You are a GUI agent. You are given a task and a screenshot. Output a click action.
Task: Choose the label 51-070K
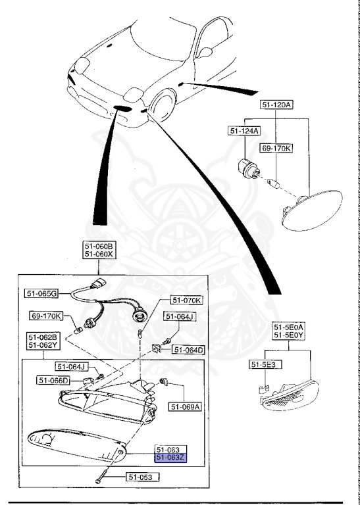[187, 300]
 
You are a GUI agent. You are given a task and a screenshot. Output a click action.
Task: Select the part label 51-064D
[188, 349]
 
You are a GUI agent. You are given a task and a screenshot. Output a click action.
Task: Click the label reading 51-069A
[186, 406]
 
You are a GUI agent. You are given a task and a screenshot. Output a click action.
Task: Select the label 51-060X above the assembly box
[98, 254]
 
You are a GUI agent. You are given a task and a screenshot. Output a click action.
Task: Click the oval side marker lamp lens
[312, 208]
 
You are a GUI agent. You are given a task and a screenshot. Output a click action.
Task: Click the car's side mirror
[205, 51]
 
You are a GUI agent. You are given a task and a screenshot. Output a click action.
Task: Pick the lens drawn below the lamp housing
[76, 445]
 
